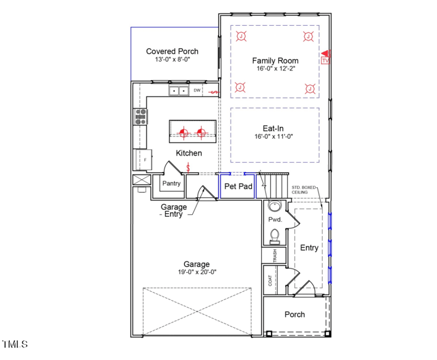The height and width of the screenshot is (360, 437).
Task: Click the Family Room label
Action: pyautogui.click(x=274, y=60)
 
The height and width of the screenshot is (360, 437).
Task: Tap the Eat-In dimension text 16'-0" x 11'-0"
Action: pyautogui.click(x=274, y=137)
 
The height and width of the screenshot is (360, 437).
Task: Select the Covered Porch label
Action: pyautogui.click(x=172, y=51)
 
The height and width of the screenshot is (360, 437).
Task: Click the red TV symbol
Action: pyautogui.click(x=326, y=61)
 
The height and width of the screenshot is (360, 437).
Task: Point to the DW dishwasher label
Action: pyautogui.click(x=197, y=90)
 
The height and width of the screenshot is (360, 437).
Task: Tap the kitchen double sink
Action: pyautogui.click(x=179, y=91)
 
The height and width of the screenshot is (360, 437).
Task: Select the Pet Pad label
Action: pyautogui.click(x=238, y=186)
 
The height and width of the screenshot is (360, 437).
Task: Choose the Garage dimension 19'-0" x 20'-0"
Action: pyautogui.click(x=196, y=272)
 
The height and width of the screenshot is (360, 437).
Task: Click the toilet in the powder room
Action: pyautogui.click(x=275, y=235)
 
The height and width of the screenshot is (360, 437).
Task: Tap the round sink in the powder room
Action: pyautogui.click(x=274, y=206)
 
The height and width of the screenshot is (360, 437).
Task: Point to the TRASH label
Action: pyautogui.click(x=275, y=256)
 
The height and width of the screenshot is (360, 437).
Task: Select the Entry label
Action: pyautogui.click(x=309, y=247)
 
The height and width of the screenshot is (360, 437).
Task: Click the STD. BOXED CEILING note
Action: pyautogui.click(x=304, y=190)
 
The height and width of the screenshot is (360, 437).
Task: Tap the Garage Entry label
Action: pyautogui.click(x=174, y=211)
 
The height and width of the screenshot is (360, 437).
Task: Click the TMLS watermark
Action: pyautogui.click(x=15, y=344)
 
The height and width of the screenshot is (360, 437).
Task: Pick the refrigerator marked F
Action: pyautogui.click(x=144, y=160)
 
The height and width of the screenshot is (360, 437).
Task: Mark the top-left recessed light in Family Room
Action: pyautogui.click(x=241, y=37)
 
